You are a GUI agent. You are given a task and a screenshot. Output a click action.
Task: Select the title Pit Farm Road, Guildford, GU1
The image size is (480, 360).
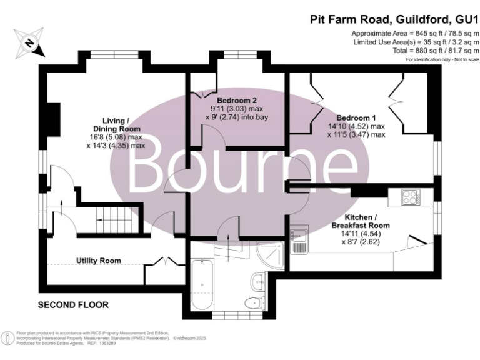coord(394,19)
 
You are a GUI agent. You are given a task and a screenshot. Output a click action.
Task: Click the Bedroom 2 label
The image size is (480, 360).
coord(237,100)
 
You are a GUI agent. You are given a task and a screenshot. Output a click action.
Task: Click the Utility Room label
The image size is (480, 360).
coord(98,260)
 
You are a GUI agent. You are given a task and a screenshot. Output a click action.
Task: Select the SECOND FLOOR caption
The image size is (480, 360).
coord(73,305)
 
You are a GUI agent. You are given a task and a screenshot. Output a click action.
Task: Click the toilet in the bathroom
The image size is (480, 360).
coord(253,304)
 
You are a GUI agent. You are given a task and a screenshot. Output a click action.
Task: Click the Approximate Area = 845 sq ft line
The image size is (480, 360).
coord(416,32)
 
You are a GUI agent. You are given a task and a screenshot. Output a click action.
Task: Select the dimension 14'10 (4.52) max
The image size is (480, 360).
coord(361,126)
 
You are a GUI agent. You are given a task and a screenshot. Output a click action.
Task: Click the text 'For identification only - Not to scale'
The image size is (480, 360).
coord(442,59)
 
